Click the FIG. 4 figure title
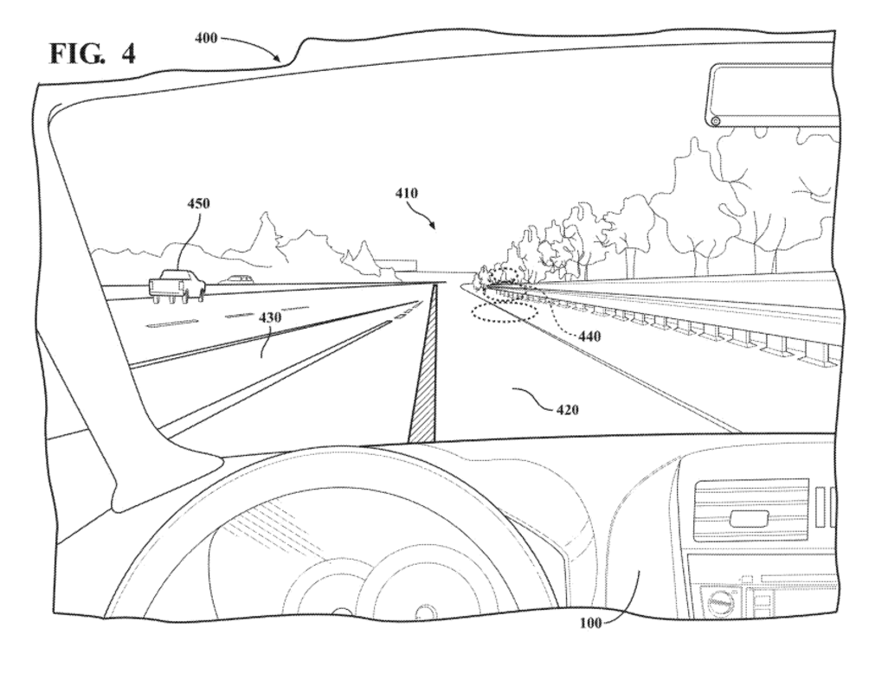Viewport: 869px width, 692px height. point(93,53)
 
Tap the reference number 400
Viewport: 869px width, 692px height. point(206,38)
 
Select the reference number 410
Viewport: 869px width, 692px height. point(407,193)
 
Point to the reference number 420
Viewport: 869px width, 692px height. point(568,409)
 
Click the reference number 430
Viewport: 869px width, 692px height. point(271,318)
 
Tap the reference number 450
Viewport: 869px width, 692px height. point(198,204)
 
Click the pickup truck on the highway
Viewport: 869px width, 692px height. point(177,285)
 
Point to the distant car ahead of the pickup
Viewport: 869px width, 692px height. point(236,279)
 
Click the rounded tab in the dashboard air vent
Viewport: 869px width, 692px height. point(749,518)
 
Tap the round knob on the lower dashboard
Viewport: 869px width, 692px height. point(720,601)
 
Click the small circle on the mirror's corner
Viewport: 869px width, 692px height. point(715,120)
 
